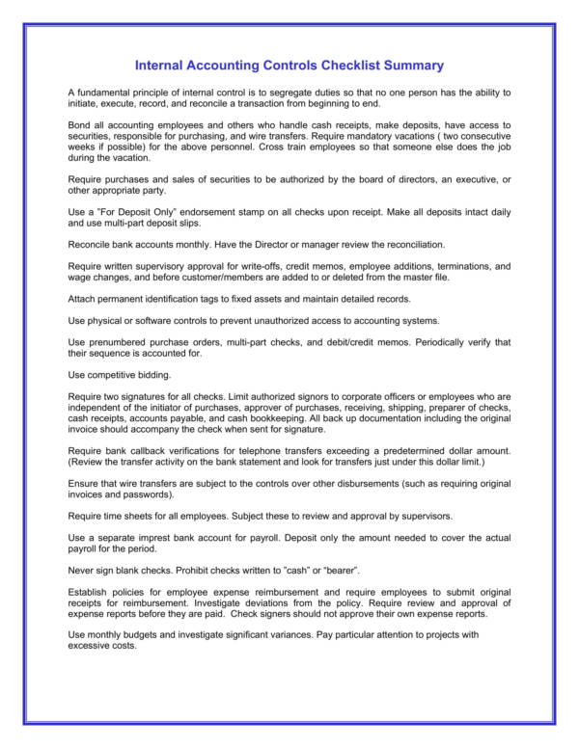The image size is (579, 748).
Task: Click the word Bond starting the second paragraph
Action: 79,126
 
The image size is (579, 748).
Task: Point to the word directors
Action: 387,180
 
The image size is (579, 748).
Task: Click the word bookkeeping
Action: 275,417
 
